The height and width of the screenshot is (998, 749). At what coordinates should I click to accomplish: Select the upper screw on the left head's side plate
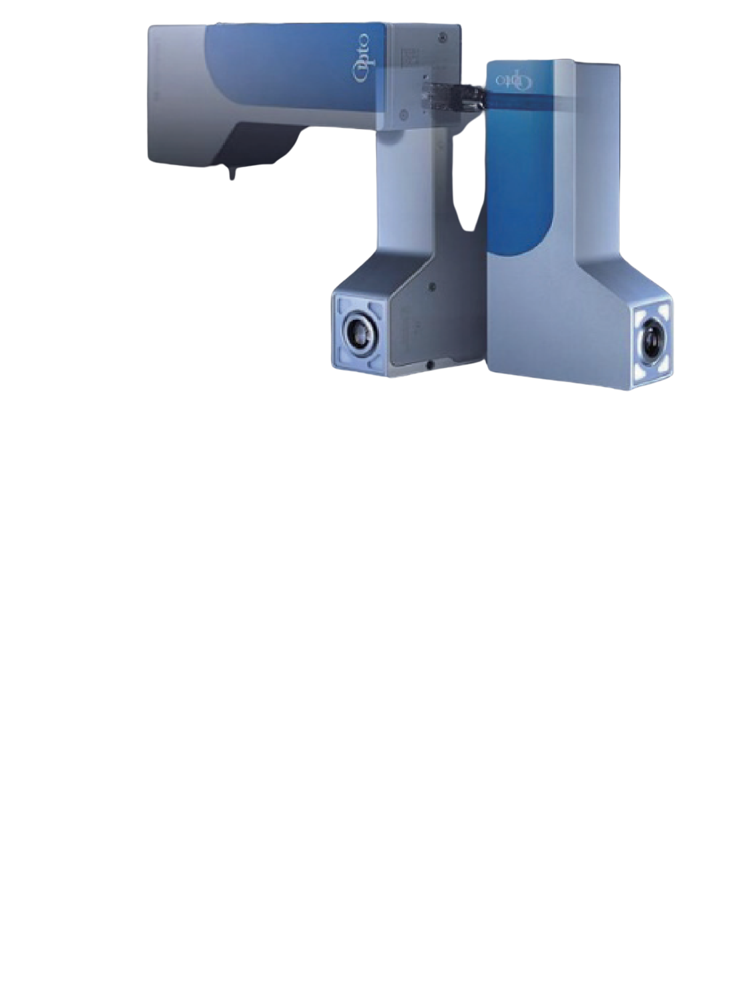point(433,287)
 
